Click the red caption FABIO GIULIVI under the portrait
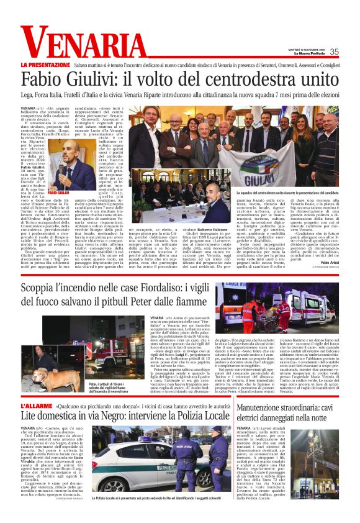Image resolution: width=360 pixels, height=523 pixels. click(x=58, y=193)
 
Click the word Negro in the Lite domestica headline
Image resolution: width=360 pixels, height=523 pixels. click(x=127, y=417)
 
